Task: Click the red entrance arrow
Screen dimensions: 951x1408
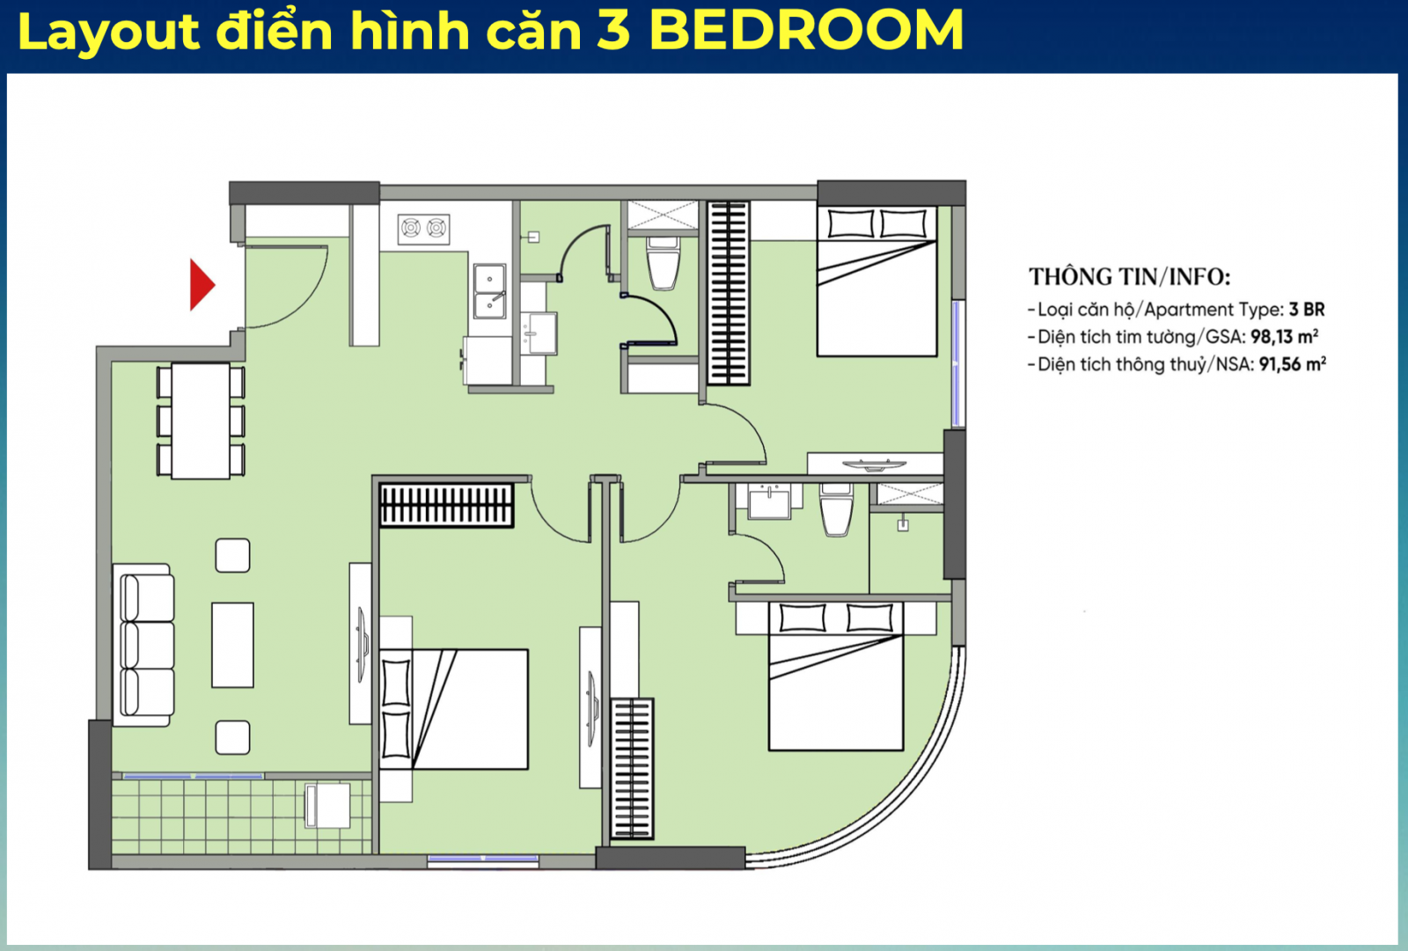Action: coord(202,284)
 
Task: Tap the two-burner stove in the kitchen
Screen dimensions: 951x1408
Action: coord(423,229)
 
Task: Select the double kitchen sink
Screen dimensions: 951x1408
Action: coord(489,291)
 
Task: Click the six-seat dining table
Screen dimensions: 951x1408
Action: coord(201,421)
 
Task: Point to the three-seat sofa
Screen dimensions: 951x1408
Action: coord(144,644)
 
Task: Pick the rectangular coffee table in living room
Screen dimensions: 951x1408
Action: coord(232,645)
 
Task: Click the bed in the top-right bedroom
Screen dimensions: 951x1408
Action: coord(876,282)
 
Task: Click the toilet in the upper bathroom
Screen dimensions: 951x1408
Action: coord(664,262)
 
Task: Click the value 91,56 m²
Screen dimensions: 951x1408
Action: coord(1292,364)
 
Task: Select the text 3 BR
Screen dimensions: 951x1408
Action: coord(1307,310)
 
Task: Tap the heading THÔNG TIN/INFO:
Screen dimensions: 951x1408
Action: coord(1129,277)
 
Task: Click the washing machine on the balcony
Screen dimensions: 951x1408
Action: coord(326,805)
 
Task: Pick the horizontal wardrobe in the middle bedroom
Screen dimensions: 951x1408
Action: coord(446,505)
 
